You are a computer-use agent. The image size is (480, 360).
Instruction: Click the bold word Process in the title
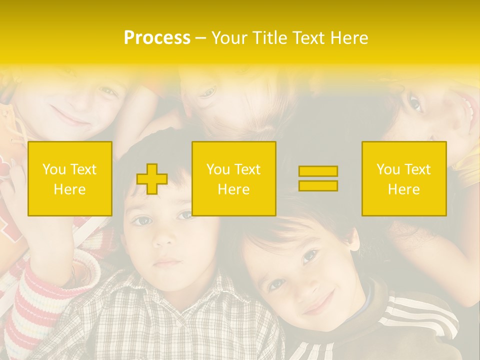[x=157, y=38]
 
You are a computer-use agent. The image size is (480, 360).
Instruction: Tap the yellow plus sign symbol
[x=151, y=179]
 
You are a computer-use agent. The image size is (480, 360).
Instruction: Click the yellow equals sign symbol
[x=318, y=178]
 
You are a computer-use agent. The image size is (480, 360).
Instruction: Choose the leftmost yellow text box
[x=70, y=178]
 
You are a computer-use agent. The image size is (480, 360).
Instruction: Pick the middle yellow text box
[x=234, y=178]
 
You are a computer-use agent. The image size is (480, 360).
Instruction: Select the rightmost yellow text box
[x=404, y=178]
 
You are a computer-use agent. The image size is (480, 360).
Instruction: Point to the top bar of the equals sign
[x=318, y=171]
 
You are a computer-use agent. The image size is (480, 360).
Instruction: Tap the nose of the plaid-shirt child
[x=163, y=239]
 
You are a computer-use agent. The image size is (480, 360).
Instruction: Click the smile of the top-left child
[x=70, y=120]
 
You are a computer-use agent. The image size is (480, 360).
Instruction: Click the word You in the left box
[x=53, y=169]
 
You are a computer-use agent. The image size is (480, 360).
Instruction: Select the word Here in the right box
[x=403, y=189]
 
